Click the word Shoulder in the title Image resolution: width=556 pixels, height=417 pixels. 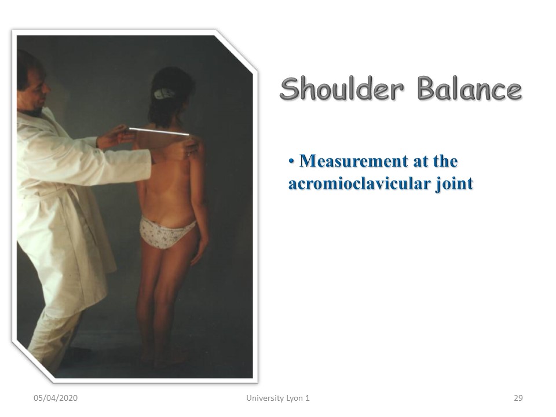[x=342, y=88]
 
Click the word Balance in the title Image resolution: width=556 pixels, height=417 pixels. [x=469, y=88]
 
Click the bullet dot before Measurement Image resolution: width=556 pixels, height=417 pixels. [x=291, y=162]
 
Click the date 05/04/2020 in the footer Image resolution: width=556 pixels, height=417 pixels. [x=56, y=398]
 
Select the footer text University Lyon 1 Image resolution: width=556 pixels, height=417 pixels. [x=277, y=398]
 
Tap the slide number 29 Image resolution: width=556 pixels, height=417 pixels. [x=518, y=398]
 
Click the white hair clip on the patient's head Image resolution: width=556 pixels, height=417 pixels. [x=164, y=94]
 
